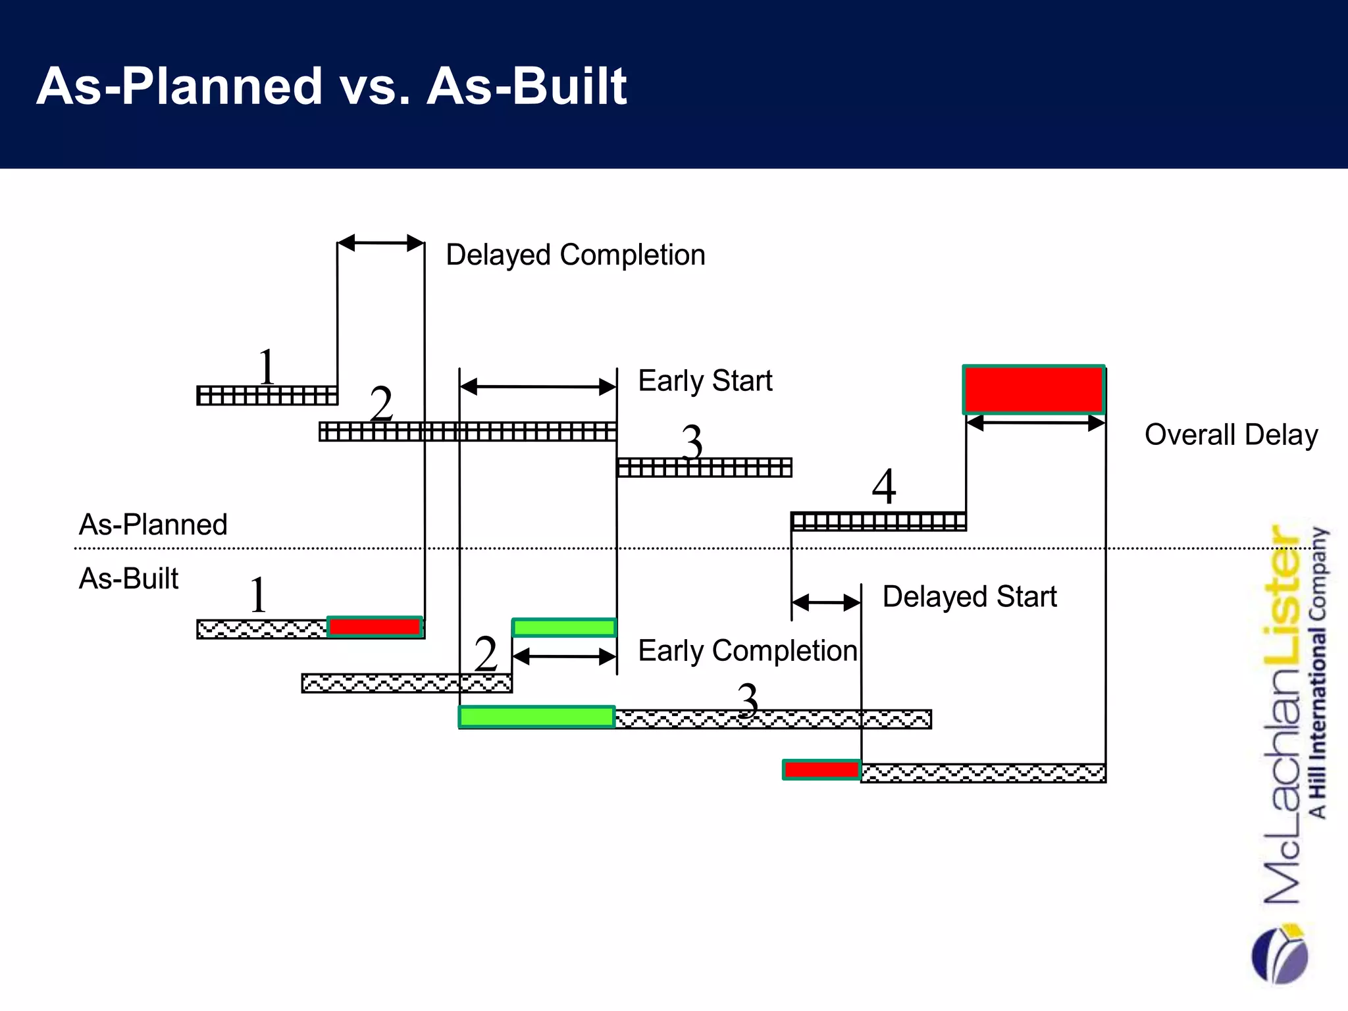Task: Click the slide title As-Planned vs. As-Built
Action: [332, 86]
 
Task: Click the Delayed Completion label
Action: [575, 255]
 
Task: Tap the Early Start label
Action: [705, 380]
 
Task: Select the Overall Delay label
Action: [1231, 434]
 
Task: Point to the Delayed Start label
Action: [969, 596]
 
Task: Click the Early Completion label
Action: [748, 650]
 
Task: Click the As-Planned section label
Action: [153, 525]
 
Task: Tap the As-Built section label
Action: [129, 579]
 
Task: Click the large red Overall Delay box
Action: [1033, 389]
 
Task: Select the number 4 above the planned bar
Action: [883, 486]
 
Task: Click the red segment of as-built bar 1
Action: [375, 627]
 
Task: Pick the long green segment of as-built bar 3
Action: [536, 717]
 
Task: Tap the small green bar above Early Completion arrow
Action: [564, 627]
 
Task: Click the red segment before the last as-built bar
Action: [821, 769]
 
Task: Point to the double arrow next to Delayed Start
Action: [826, 602]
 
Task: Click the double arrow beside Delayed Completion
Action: [380, 243]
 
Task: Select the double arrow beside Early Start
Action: [538, 386]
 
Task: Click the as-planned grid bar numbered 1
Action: [267, 396]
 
